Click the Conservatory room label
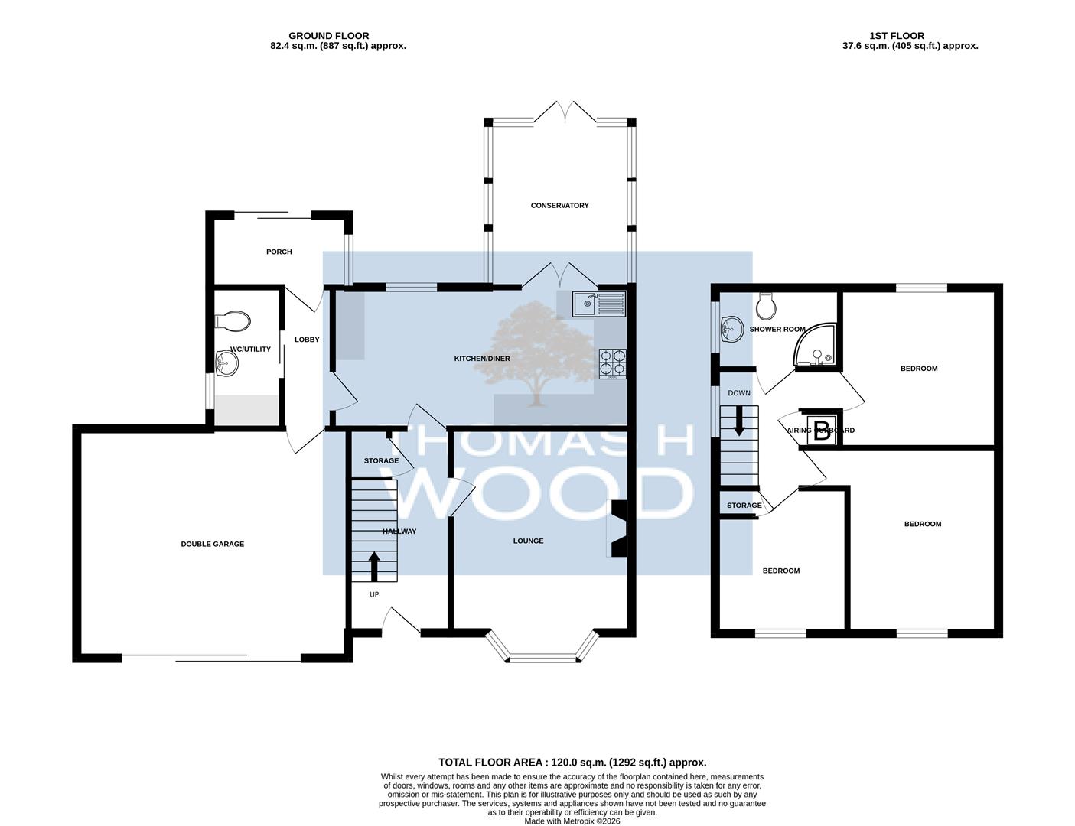pyautogui.click(x=559, y=205)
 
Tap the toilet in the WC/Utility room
pyautogui.click(x=232, y=322)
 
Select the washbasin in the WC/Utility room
pyautogui.click(x=227, y=364)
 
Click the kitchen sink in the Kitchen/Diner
pyautogui.click(x=599, y=304)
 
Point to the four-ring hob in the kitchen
pyautogui.click(x=613, y=364)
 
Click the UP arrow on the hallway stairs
pyautogui.click(x=374, y=567)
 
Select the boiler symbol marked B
pyautogui.click(x=822, y=431)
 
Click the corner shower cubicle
pyautogui.click(x=816, y=347)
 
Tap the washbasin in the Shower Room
pyautogui.click(x=731, y=330)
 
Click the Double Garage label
pyautogui.click(x=212, y=545)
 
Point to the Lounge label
pyautogui.click(x=529, y=541)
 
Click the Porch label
pyautogui.click(x=279, y=252)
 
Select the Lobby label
pyautogui.click(x=307, y=340)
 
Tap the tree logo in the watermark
pyautogui.click(x=538, y=353)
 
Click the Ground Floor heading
pyautogui.click(x=329, y=36)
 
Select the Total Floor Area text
pyautogui.click(x=572, y=763)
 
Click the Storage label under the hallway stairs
pyautogui.click(x=381, y=460)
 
